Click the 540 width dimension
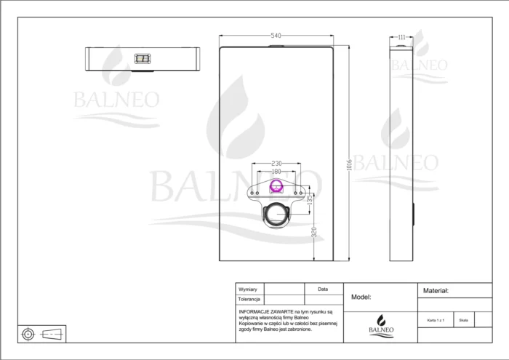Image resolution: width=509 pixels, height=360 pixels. pyautogui.click(x=276, y=36)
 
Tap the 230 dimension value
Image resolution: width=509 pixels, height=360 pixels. pyautogui.click(x=276, y=164)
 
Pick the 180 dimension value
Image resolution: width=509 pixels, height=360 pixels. pyautogui.click(x=276, y=172)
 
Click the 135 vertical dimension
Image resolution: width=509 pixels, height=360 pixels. pyautogui.click(x=310, y=199)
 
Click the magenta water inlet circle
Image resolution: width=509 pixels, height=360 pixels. pyautogui.click(x=276, y=187)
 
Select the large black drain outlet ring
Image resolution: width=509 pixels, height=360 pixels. pyautogui.click(x=276, y=214)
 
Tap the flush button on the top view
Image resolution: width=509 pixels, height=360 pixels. pyautogui.click(x=143, y=57)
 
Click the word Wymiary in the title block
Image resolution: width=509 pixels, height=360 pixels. pyautogui.click(x=248, y=289)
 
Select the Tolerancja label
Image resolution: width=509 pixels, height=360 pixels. pyautogui.click(x=249, y=299)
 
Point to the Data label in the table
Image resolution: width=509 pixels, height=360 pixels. pyautogui.click(x=323, y=289)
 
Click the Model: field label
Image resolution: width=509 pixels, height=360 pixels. pyautogui.click(x=361, y=297)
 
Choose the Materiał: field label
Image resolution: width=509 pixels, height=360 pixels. pyautogui.click(x=436, y=290)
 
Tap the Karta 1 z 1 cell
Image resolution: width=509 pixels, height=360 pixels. pyautogui.click(x=435, y=319)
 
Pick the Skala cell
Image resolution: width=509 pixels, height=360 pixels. pyautogui.click(x=464, y=319)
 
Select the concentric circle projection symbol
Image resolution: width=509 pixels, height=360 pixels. pyautogui.click(x=28, y=333)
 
